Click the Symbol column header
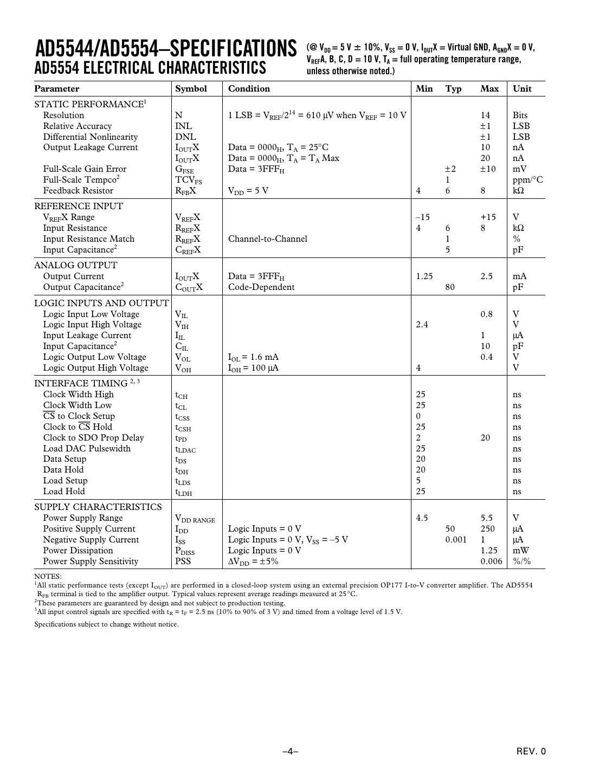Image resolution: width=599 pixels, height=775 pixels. pyautogui.click(x=191, y=89)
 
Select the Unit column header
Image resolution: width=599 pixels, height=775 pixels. pyautogui.click(x=522, y=89)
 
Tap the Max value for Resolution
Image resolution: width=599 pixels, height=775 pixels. pyautogui.click(x=485, y=115)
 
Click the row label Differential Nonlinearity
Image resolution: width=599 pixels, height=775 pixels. pyautogui.click(x=91, y=137)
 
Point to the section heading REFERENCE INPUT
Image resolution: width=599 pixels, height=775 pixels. pyautogui.click(x=79, y=206)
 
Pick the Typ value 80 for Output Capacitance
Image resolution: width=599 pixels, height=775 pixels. pyautogui.click(x=450, y=287)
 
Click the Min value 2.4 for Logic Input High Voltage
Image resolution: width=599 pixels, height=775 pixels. pyautogui.click(x=422, y=325)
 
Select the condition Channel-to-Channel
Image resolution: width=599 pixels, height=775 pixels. pyautogui.click(x=267, y=239)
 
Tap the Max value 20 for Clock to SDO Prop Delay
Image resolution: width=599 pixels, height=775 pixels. pyautogui.click(x=485, y=438)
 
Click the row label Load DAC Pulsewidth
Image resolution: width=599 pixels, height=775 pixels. pyautogui.click(x=87, y=449)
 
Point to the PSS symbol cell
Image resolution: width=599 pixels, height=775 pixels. pyautogui.click(x=183, y=561)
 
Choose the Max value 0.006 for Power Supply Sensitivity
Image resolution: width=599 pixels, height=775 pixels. pyautogui.click(x=491, y=561)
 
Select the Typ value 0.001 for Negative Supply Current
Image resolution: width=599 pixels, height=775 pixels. pyautogui.click(x=456, y=540)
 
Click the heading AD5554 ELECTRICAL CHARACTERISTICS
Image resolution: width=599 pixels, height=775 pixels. pyautogui.click(x=150, y=68)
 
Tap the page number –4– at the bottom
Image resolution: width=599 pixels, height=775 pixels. pyautogui.click(x=291, y=751)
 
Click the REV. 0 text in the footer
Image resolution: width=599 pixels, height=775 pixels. pyautogui.click(x=531, y=751)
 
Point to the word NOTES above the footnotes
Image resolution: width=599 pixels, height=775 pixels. pyautogui.click(x=48, y=577)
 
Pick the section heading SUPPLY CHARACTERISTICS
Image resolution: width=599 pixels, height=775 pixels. pyautogui.click(x=98, y=507)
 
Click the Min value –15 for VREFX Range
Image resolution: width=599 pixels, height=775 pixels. pyautogui.click(x=423, y=217)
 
